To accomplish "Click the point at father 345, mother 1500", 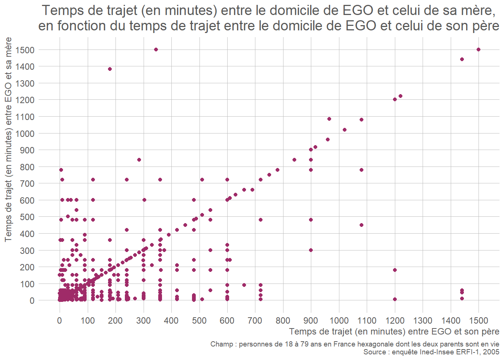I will click(x=156, y=49).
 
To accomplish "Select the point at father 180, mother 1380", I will click(x=110, y=69).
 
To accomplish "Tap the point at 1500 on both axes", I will click(x=478, y=49).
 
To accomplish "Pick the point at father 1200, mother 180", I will click(x=394, y=270).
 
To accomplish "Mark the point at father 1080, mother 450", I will click(x=361, y=225).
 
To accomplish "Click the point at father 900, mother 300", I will click(x=311, y=250).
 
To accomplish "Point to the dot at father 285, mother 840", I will click(x=139, y=160).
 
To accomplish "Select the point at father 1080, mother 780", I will click(x=361, y=170).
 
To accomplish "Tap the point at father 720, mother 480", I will click(x=261, y=220).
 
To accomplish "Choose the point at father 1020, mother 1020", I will click(x=345, y=130).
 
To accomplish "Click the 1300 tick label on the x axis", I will click(x=423, y=321).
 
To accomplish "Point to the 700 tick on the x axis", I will click(x=255, y=321).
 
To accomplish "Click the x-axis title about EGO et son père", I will click(x=394, y=331).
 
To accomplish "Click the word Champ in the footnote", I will click(x=222, y=344).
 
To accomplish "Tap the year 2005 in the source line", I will click(x=491, y=352).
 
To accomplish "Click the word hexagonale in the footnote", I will click(x=375, y=344).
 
